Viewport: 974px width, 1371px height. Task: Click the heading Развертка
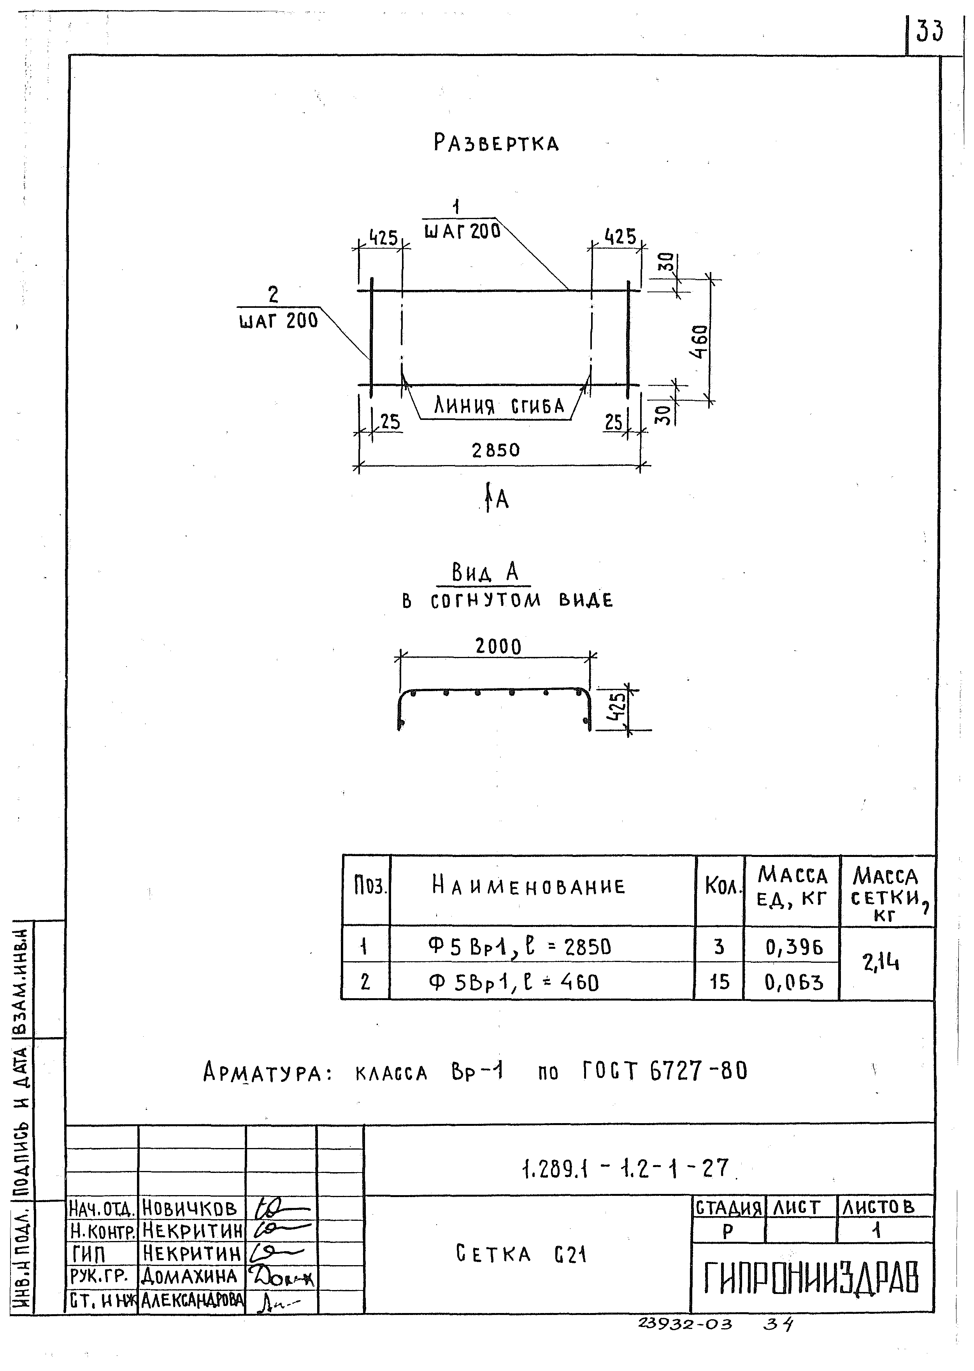pyautogui.click(x=496, y=143)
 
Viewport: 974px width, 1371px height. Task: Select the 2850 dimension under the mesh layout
pyautogui.click(x=495, y=450)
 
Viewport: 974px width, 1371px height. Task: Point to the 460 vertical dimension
pyautogui.click(x=699, y=341)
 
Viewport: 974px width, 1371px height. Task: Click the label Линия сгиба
pyautogui.click(x=499, y=407)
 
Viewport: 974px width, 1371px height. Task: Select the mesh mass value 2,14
pyautogui.click(x=881, y=962)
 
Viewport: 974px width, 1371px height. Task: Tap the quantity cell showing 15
pyautogui.click(x=719, y=982)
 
